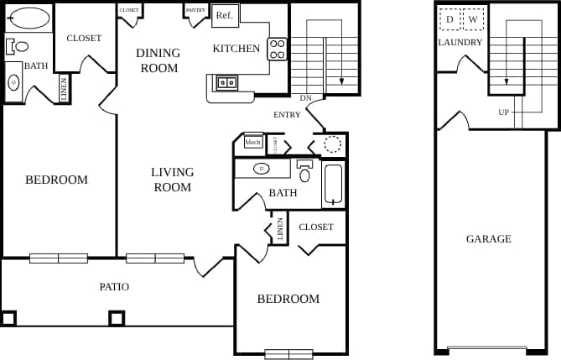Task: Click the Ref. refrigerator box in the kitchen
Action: [x=224, y=16]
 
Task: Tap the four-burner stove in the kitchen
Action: [x=277, y=49]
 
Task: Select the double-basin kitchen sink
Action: [x=226, y=82]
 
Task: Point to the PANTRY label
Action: [x=195, y=10]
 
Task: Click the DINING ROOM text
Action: [x=158, y=60]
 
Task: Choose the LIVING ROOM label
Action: [x=172, y=180]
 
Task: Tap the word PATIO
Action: [x=114, y=287]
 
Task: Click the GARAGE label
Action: [x=488, y=239]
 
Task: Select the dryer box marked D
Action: [x=450, y=18]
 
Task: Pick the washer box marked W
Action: [x=473, y=18]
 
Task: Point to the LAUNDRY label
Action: [x=460, y=42]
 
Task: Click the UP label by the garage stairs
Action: [x=504, y=112]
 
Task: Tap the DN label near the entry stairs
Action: [x=305, y=98]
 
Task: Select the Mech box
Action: [x=252, y=143]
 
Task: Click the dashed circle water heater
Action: [x=333, y=144]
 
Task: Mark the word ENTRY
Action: [x=288, y=115]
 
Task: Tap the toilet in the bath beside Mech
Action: [x=304, y=174]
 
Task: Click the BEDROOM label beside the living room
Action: [x=56, y=180]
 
